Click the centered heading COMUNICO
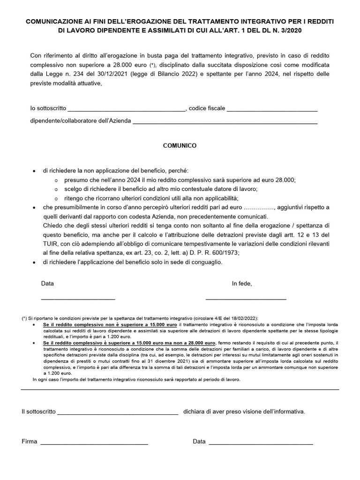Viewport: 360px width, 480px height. (x=180, y=146)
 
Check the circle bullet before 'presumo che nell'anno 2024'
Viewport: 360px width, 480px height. (x=56, y=180)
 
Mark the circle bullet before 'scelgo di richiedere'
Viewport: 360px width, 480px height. (x=56, y=189)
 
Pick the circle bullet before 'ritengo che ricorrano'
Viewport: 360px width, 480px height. (x=56, y=198)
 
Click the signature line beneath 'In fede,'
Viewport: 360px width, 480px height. (x=246, y=299)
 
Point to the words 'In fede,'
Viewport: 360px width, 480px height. (x=242, y=284)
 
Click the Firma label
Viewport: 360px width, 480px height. (x=29, y=442)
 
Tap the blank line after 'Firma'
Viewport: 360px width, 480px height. (x=94, y=443)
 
